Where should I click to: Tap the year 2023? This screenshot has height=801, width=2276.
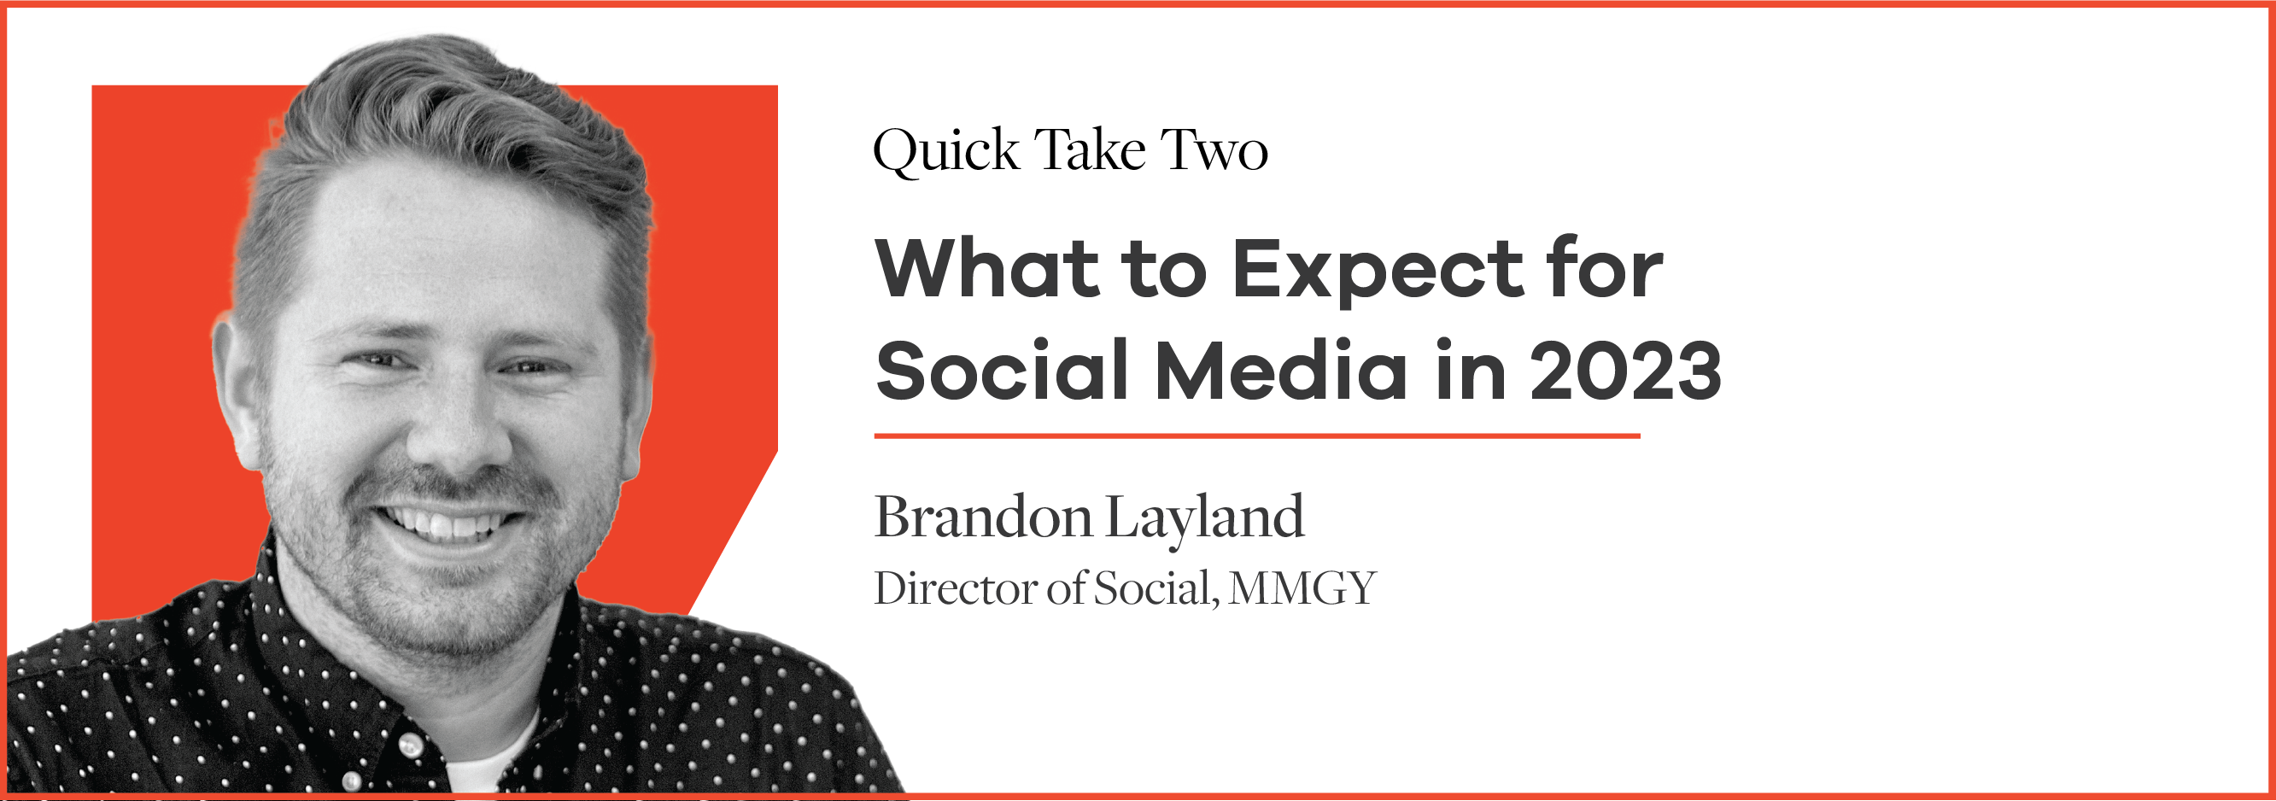click(x=1626, y=370)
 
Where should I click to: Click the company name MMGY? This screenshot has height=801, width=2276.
click(x=1302, y=589)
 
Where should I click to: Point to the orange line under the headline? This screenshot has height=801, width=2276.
click(x=1257, y=436)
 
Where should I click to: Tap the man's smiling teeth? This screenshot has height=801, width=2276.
click(x=446, y=525)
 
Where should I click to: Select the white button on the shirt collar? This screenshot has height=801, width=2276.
click(x=410, y=746)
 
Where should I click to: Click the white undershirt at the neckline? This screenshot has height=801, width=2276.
click(x=490, y=759)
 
